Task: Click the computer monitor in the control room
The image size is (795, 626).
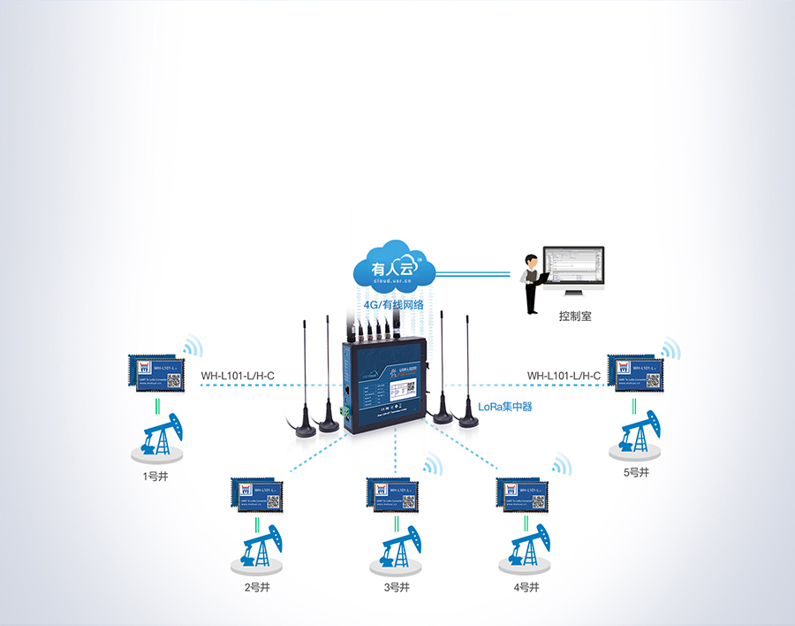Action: [x=573, y=270]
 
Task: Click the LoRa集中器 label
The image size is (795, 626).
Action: [x=505, y=408]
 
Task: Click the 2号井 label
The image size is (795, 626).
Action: [x=257, y=586]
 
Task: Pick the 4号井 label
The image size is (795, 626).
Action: [x=526, y=586]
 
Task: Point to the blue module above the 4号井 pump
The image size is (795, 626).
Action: [x=522, y=494]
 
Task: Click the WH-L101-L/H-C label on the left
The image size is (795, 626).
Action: [x=238, y=376]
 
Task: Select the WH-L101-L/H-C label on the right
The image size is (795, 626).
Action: [x=564, y=376]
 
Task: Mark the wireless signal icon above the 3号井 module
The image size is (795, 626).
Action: [x=432, y=466]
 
